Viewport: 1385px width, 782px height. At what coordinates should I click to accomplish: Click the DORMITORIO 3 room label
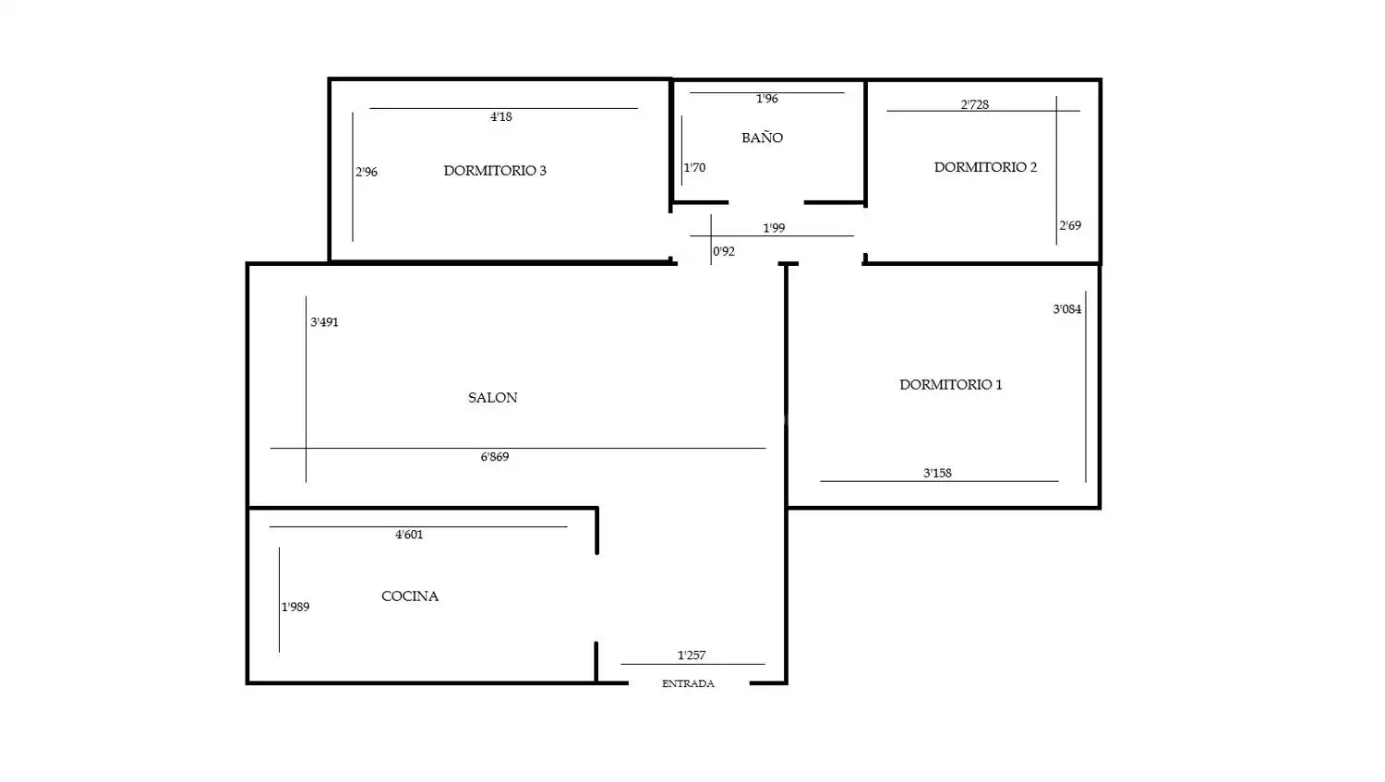495,171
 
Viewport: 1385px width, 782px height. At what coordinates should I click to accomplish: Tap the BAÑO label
763,138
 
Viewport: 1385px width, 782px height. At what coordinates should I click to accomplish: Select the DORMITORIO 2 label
985,167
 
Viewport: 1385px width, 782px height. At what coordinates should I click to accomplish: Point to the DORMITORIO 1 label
951,384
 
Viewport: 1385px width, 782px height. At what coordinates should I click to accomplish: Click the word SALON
493,398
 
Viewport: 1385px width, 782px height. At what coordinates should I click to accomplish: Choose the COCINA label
410,596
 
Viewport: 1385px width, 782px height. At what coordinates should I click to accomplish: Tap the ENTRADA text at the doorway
688,683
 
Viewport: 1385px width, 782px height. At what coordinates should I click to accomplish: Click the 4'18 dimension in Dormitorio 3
500,116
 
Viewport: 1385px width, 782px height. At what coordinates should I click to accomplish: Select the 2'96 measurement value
366,172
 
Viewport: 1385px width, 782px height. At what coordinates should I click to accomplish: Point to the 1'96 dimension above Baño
766,98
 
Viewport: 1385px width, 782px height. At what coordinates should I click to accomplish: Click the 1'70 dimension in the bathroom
694,167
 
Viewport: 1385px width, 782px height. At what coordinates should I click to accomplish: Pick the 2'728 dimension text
974,104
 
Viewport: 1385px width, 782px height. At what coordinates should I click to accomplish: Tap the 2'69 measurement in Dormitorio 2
1070,225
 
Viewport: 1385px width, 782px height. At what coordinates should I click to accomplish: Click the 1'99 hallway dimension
774,228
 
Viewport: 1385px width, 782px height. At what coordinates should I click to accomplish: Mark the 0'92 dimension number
723,251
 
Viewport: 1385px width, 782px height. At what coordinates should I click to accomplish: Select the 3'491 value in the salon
324,321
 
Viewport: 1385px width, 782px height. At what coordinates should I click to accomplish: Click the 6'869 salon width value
495,457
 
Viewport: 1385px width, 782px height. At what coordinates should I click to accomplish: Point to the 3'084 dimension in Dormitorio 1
1067,309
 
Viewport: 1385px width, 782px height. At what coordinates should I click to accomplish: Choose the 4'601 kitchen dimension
409,535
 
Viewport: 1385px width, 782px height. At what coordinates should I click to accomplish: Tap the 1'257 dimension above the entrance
692,656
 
